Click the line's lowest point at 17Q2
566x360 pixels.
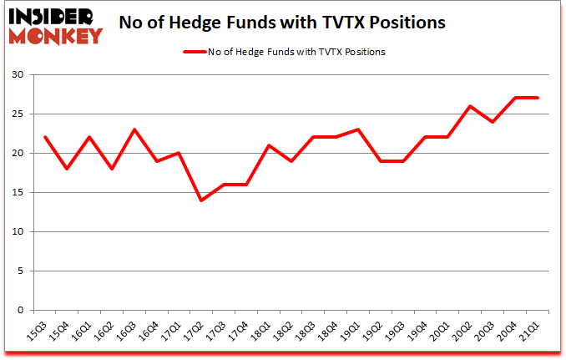pyautogui.click(x=201, y=200)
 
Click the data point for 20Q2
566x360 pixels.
pyautogui.click(x=470, y=106)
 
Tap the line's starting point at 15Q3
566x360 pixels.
pyautogui.click(x=44, y=138)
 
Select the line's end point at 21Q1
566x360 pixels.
pyautogui.click(x=538, y=98)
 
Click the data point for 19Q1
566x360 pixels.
pyautogui.click(x=358, y=129)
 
